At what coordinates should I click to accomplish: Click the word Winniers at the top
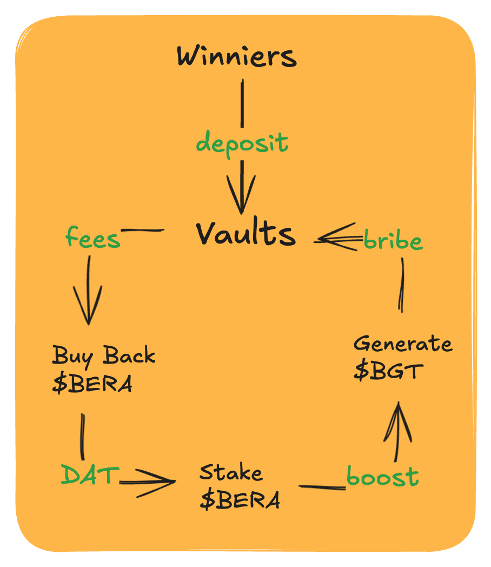pos(237,56)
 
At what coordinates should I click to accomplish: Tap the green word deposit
pos(242,144)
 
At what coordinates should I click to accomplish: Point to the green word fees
pos(93,238)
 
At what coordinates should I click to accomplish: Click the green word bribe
pos(393,239)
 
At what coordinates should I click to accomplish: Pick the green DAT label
pos(90,474)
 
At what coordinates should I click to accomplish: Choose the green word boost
pos(383,476)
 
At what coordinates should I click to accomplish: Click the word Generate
pos(403,344)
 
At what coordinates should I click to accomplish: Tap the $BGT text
pos(388,371)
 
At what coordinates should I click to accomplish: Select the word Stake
pos(231,472)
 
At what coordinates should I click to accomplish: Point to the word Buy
pos(72,357)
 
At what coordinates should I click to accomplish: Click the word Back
pos(129,355)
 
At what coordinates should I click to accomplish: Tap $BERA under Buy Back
pos(92,384)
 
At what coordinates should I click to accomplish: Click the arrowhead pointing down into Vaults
pos(241,194)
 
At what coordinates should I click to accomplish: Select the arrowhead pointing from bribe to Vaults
pos(336,238)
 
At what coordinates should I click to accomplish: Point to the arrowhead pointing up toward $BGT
pos(398,421)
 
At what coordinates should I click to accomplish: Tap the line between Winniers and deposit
pos(242,103)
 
